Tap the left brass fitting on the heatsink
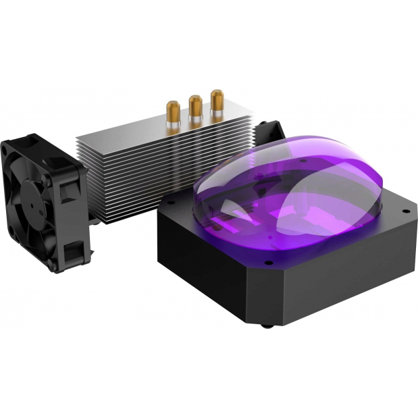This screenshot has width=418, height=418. tap(172, 109)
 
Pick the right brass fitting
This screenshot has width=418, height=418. tap(217, 100)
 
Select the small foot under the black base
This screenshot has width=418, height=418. tap(267, 328)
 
